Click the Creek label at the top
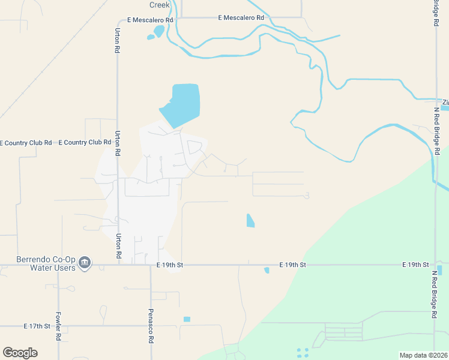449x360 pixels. coord(160,5)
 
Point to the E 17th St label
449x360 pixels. coord(37,326)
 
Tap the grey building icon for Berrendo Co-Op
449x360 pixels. coord(85,262)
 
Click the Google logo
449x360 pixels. coord(20,352)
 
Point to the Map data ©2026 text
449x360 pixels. coord(423,355)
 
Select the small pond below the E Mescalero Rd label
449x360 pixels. coord(158,31)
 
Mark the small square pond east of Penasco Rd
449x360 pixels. coord(187,319)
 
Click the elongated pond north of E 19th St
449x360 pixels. coord(250,221)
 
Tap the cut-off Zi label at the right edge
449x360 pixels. coord(445,102)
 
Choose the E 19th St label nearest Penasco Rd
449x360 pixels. coord(169,265)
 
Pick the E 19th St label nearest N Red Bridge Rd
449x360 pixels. coord(415,265)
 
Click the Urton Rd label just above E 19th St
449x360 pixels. coord(118,245)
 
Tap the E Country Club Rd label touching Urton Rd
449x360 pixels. coord(85,142)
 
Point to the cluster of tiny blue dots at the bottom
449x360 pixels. coord(303,353)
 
